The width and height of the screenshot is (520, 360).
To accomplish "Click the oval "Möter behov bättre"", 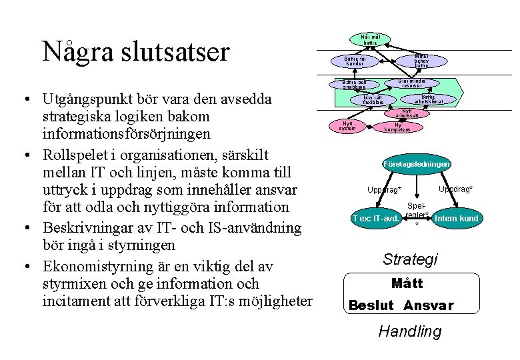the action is coord(421,61).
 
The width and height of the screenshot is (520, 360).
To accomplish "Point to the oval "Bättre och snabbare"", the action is coord(354,85).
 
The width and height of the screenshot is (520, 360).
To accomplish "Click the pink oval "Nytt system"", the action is coord(347,126).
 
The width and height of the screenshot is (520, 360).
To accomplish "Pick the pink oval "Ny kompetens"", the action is coord(397,127).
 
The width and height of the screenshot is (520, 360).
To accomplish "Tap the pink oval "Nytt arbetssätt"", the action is coord(407,113).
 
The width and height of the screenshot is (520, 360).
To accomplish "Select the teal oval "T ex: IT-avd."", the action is coord(376,218).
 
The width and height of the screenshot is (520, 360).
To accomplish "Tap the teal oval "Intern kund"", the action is coord(456,218).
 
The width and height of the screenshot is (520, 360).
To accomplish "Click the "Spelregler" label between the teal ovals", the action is coord(417,211).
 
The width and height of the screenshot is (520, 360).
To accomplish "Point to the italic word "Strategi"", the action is coord(410,259).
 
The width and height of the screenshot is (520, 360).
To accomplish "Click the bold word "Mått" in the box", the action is coord(407,284).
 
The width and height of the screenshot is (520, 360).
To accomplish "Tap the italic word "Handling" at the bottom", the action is coord(409,331).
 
